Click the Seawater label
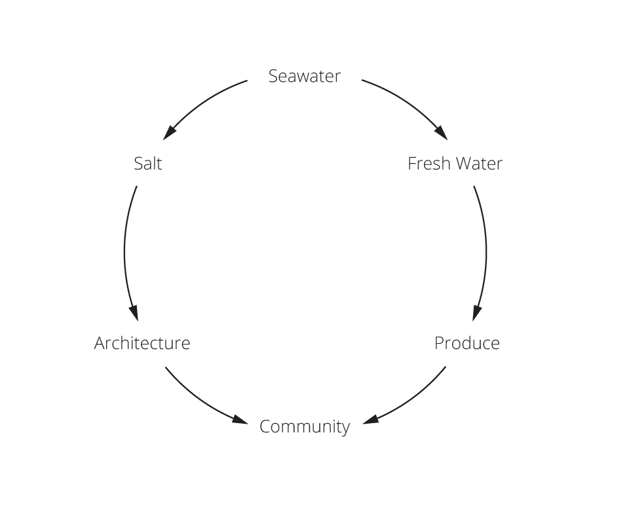pos(305,77)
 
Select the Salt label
pos(147,163)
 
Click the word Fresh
pos(429,163)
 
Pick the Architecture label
pos(142,343)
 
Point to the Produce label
pos(467,343)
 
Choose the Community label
pos(305,427)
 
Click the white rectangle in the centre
pos(362,252)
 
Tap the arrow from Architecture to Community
pos(197,400)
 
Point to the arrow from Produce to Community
pos(413,400)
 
